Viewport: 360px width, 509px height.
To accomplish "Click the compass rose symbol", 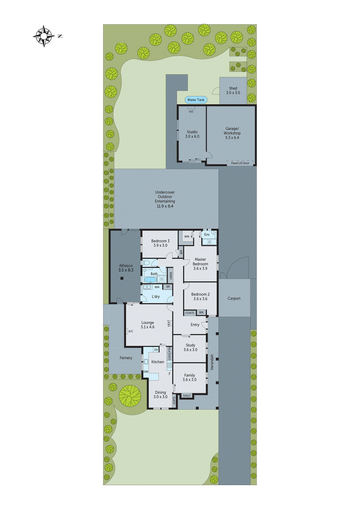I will (x=44, y=36).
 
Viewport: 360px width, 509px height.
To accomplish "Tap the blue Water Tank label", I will (x=196, y=100).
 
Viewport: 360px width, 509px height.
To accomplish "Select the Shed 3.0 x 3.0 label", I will (x=233, y=90).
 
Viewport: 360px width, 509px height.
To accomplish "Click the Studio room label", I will (x=192, y=134).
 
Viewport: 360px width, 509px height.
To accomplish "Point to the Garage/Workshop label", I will (x=232, y=133).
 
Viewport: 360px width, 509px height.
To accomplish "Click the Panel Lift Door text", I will (x=240, y=163).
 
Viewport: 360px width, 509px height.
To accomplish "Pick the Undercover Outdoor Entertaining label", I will (x=165, y=199).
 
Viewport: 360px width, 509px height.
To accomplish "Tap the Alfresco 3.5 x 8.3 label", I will (x=126, y=268).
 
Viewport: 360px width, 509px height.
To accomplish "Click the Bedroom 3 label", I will (x=160, y=243).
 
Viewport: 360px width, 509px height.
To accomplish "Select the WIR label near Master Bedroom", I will (x=187, y=236).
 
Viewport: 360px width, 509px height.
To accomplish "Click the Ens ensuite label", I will (x=207, y=234).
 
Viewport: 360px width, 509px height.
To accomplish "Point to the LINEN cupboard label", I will (x=171, y=275).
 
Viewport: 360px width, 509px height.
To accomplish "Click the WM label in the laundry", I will (x=157, y=287).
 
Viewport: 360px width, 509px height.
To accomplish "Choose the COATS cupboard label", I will (x=190, y=313).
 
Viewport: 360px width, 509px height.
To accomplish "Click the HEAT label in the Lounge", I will (x=169, y=323).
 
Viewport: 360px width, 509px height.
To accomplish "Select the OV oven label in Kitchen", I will (x=156, y=350).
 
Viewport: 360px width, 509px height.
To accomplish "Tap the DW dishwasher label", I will (x=146, y=372).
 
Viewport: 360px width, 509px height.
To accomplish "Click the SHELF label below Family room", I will (x=187, y=396).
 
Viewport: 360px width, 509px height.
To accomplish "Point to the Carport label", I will (x=234, y=298).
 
